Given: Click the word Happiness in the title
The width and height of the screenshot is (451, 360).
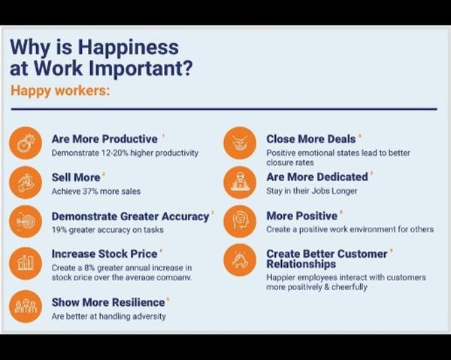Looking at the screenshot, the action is pyautogui.click(x=128, y=48).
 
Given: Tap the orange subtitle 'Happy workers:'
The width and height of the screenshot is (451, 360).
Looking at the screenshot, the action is pyautogui.click(x=60, y=91).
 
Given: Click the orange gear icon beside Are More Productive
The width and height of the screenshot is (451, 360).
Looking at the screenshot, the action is pyautogui.click(x=26, y=143).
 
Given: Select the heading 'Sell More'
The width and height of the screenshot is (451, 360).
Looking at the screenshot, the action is pyautogui.click(x=76, y=177).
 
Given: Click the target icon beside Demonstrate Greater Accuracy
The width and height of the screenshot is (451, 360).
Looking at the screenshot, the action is pyautogui.click(x=26, y=222).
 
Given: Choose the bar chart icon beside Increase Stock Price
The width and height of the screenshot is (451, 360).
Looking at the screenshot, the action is pyautogui.click(x=26, y=263).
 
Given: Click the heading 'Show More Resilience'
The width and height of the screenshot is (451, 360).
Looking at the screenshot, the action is pyautogui.click(x=108, y=302).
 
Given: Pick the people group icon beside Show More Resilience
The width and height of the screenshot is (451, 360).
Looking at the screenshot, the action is pyautogui.click(x=26, y=306).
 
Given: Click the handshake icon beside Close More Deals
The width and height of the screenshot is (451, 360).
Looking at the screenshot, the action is pyautogui.click(x=240, y=143).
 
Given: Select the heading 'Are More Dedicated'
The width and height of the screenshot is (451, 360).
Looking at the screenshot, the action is pyautogui.click(x=317, y=177).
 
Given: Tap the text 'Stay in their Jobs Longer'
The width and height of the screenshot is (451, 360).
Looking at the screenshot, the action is pyautogui.click(x=312, y=191).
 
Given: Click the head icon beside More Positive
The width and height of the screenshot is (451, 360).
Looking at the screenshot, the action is pyautogui.click(x=240, y=222).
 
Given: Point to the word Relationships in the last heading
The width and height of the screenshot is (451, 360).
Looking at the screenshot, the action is pyautogui.click(x=301, y=264).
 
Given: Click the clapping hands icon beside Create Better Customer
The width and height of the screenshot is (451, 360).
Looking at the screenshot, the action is pyautogui.click(x=240, y=260).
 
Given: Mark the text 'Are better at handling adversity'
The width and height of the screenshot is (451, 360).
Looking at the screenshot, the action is pyautogui.click(x=109, y=316).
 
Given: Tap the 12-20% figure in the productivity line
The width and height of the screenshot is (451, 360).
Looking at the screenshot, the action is pyautogui.click(x=115, y=153).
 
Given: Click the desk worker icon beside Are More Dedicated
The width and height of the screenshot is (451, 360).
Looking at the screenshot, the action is pyautogui.click(x=240, y=183).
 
